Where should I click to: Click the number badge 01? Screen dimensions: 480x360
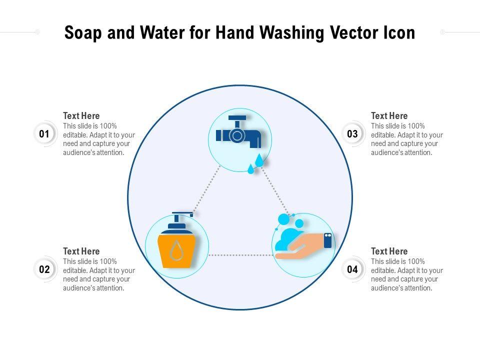44,134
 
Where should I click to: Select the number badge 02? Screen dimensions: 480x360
44,269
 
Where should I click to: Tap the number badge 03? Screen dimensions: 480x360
352,134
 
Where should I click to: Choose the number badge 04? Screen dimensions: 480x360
352,269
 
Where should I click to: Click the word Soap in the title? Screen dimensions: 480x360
82,33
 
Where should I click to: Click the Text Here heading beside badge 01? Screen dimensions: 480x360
81,115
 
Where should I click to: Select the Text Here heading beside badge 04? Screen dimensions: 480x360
389,251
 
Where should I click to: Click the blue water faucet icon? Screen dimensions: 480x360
238,132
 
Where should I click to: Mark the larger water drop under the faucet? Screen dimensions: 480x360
259,160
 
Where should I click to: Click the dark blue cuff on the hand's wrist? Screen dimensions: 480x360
328,240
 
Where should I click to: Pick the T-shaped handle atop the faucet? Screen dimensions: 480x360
237,121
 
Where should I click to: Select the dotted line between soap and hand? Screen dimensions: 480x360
241,255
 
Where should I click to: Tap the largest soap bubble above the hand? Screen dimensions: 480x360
284,220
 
